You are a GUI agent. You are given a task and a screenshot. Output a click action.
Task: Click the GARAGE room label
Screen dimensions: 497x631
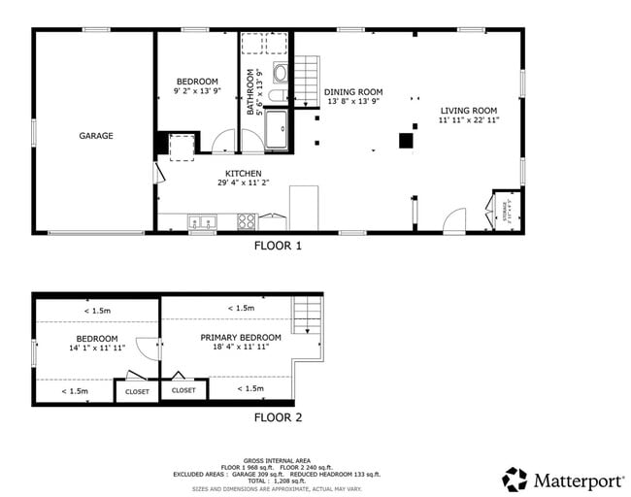pyautogui.click(x=96, y=136)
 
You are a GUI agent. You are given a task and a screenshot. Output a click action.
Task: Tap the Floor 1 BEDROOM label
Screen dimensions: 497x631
pyautogui.click(x=197, y=81)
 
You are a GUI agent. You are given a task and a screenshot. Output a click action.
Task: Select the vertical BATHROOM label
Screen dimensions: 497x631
pyautogui.click(x=249, y=92)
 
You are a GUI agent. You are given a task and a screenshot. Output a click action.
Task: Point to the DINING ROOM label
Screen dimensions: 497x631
pyautogui.click(x=353, y=91)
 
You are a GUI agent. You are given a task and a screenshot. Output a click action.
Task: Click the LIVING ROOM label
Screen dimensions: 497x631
pyautogui.click(x=468, y=111)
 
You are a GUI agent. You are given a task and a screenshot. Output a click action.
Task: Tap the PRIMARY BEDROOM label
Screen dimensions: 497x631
pyautogui.click(x=241, y=338)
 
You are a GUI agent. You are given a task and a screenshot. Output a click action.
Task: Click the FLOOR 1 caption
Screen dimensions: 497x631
pyautogui.click(x=278, y=247)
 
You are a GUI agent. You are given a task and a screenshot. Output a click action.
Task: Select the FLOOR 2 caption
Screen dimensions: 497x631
pyautogui.click(x=278, y=418)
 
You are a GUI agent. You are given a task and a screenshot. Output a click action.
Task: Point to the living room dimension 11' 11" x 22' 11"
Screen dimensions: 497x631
pyautogui.click(x=468, y=121)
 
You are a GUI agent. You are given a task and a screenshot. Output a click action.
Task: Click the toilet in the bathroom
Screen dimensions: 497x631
pyautogui.click(x=281, y=73)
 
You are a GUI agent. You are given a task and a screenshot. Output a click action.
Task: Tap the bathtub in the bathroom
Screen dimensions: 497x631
pyautogui.click(x=278, y=130)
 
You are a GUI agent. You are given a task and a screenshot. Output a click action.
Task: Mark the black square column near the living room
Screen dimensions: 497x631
pyautogui.click(x=405, y=140)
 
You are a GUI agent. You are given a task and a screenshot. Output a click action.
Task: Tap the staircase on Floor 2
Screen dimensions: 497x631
pyautogui.click(x=306, y=315)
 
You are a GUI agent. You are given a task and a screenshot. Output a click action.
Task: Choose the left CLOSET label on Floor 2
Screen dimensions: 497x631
pyautogui.click(x=137, y=392)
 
